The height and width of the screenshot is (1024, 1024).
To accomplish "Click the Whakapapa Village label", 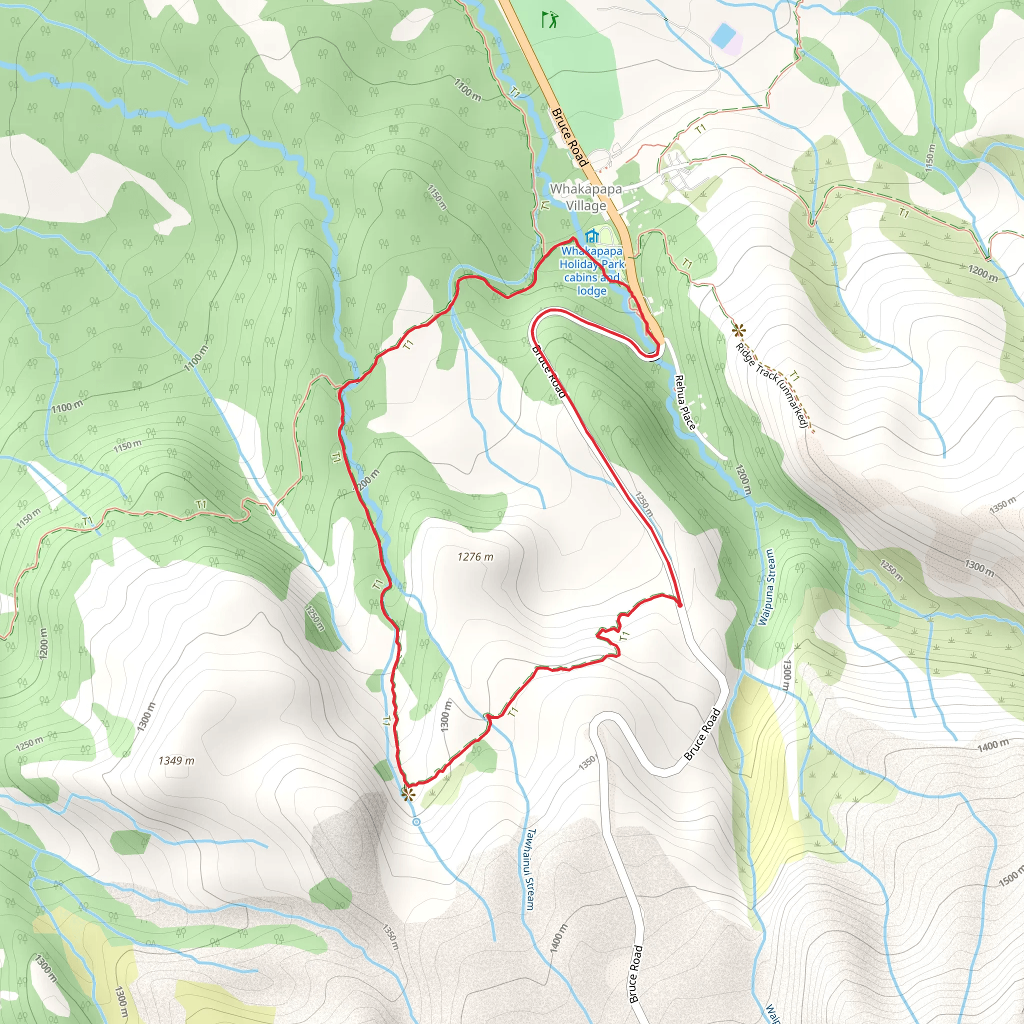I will pyautogui.click(x=585, y=197).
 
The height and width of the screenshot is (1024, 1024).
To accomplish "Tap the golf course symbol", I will pyautogui.click(x=549, y=20).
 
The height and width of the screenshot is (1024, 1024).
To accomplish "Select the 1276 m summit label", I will pyautogui.click(x=475, y=556).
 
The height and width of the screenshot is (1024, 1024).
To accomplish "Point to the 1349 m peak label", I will pyautogui.click(x=176, y=760).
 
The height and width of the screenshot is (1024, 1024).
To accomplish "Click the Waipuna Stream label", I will pyautogui.click(x=767, y=587).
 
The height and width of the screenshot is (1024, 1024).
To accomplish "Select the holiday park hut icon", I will pyautogui.click(x=592, y=235).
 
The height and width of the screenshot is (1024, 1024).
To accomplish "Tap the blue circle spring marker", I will pyautogui.click(x=416, y=821).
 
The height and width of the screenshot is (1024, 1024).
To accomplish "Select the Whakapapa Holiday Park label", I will pyautogui.click(x=591, y=270).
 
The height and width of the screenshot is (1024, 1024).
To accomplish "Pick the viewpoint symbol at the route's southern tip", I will pyautogui.click(x=407, y=794).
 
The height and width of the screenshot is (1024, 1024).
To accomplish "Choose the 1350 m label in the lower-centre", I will pyautogui.click(x=389, y=939).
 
